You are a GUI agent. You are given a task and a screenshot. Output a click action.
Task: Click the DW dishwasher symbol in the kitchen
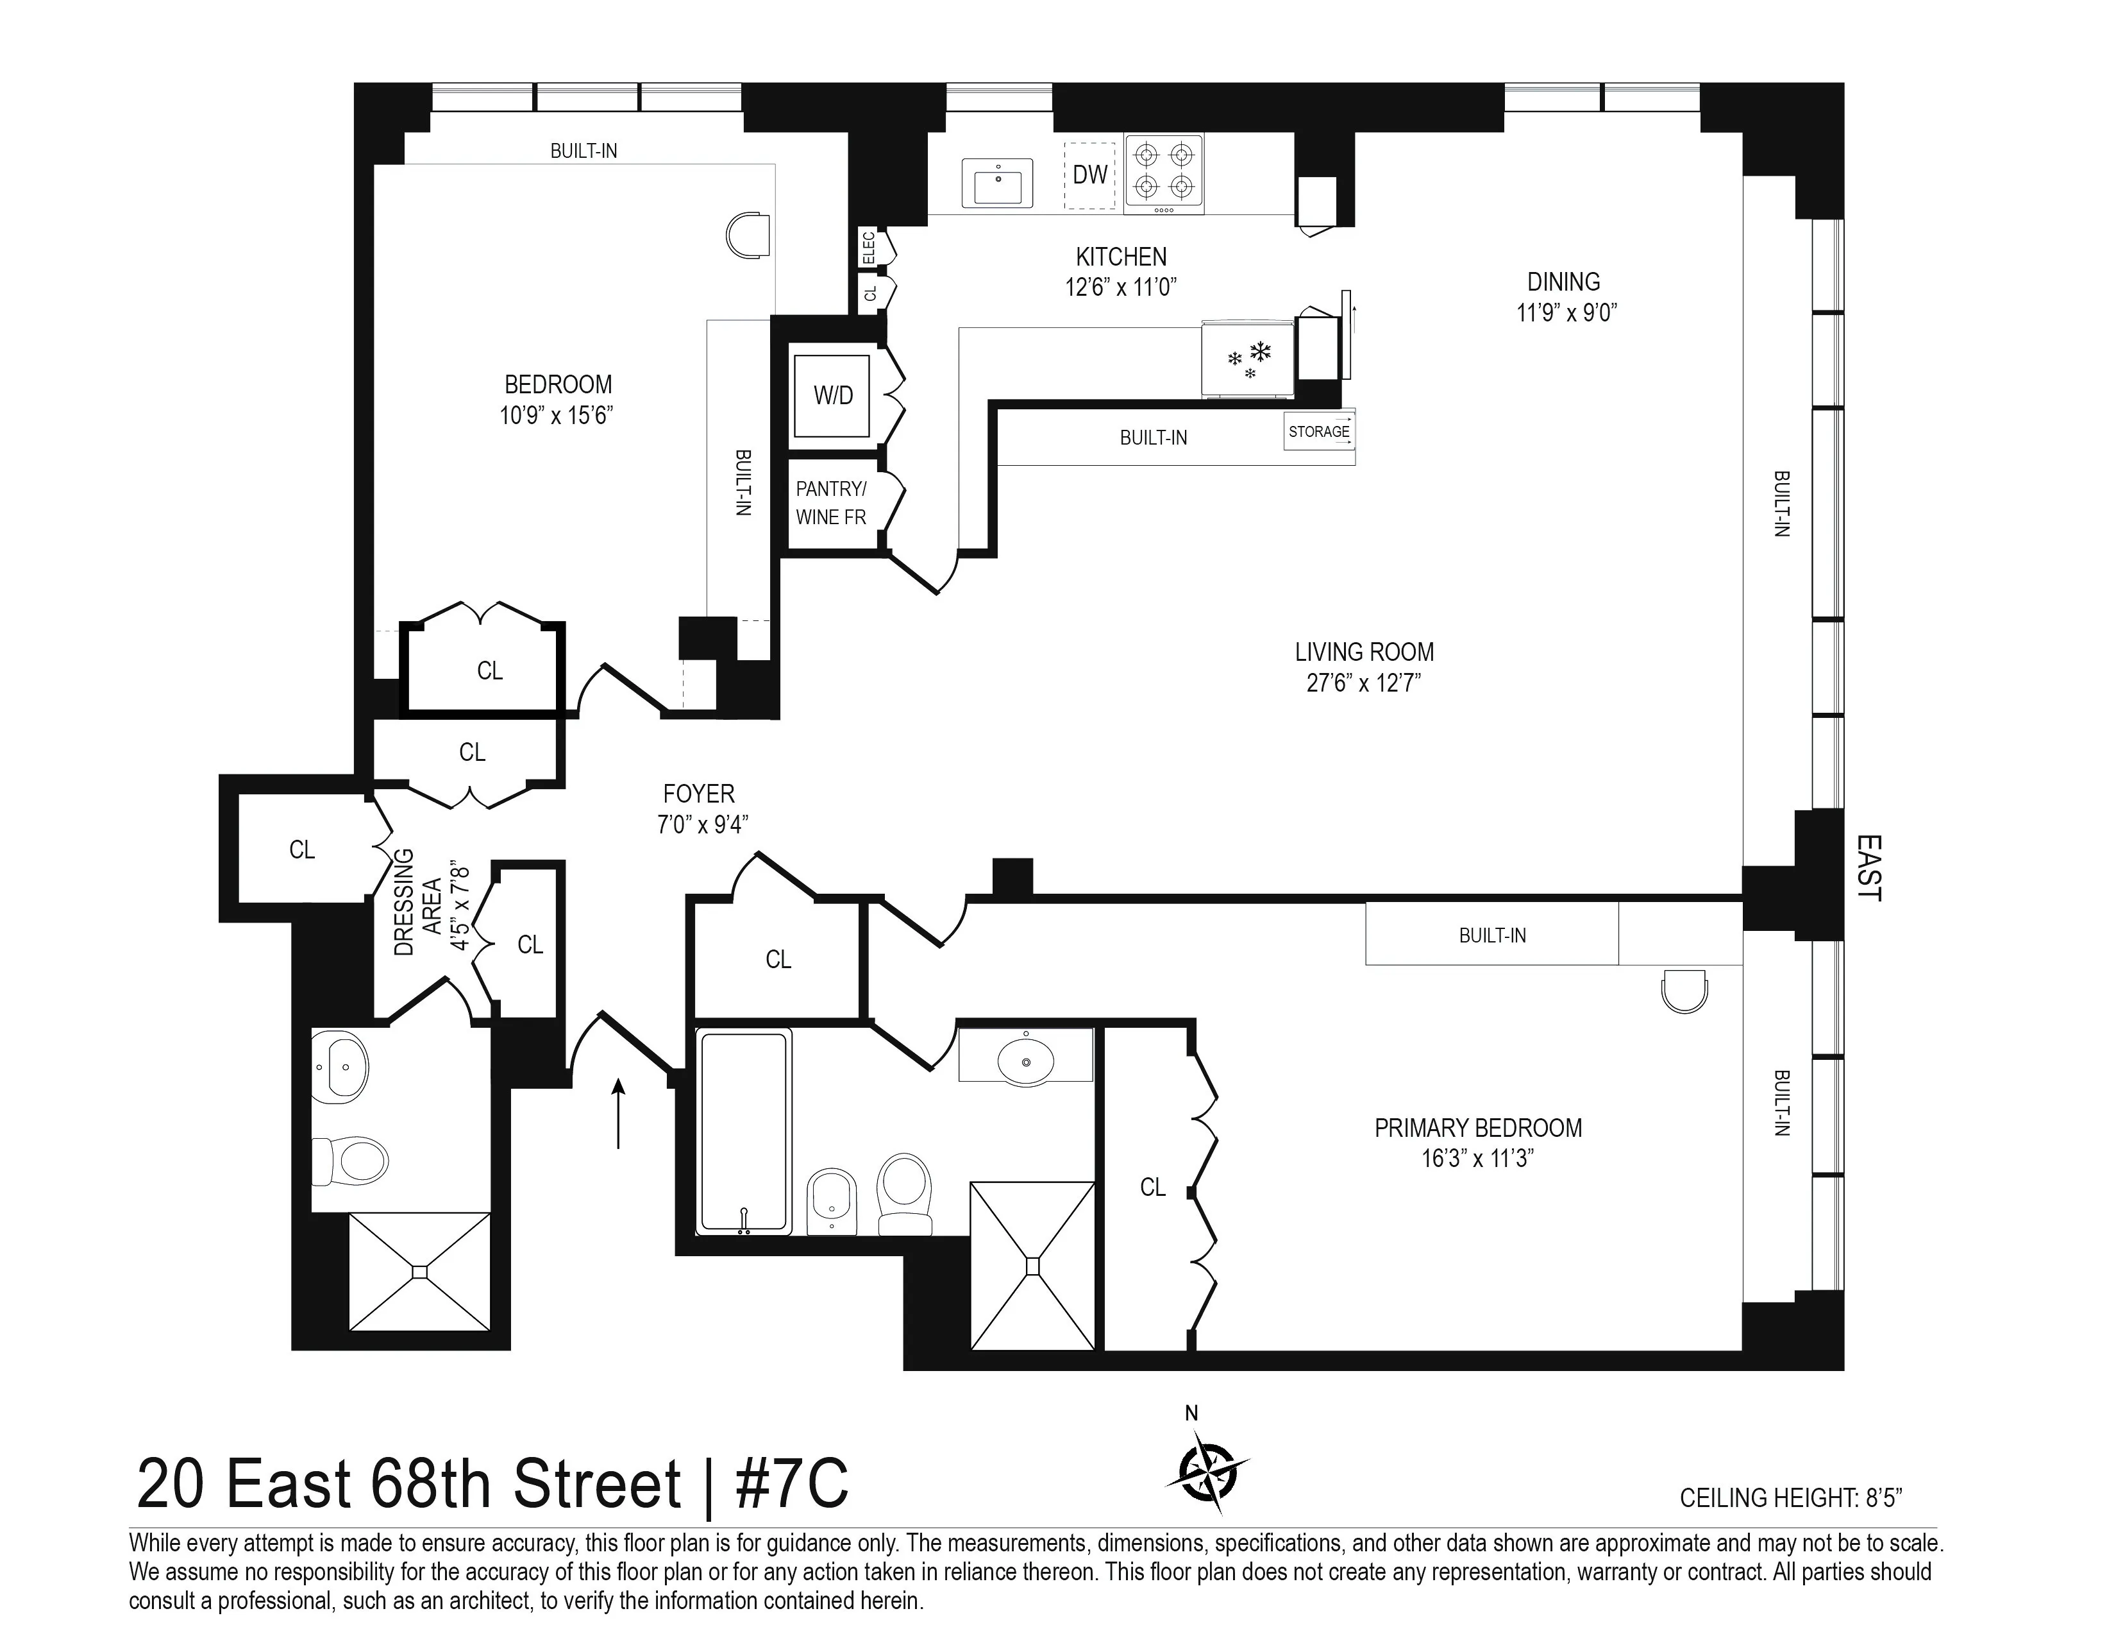click(x=1090, y=175)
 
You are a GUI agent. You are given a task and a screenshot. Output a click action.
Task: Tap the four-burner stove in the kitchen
click(x=1164, y=173)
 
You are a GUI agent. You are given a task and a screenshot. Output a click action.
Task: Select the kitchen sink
click(x=997, y=183)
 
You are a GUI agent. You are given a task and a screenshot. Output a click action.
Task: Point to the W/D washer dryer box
click(x=832, y=395)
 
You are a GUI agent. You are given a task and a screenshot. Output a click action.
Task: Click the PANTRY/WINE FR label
click(x=831, y=503)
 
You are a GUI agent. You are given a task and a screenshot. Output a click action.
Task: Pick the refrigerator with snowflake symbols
click(x=1248, y=359)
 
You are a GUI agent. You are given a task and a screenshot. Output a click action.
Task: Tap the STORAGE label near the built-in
click(x=1318, y=431)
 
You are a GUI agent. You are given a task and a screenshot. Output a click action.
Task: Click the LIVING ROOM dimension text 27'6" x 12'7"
click(x=1363, y=683)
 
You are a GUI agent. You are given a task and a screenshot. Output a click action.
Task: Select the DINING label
click(x=1563, y=282)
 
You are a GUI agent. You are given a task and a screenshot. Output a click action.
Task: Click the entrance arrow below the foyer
click(x=618, y=1114)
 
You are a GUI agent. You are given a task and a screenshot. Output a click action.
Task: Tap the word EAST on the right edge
click(x=1867, y=869)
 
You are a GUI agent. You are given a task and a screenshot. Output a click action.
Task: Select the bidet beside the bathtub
click(x=831, y=1199)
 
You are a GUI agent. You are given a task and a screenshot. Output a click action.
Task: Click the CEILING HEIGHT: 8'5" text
click(x=1790, y=1498)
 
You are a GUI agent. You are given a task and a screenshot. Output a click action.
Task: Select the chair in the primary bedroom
click(x=1684, y=991)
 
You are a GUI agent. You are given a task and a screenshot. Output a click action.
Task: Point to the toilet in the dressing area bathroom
click(x=351, y=1160)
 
